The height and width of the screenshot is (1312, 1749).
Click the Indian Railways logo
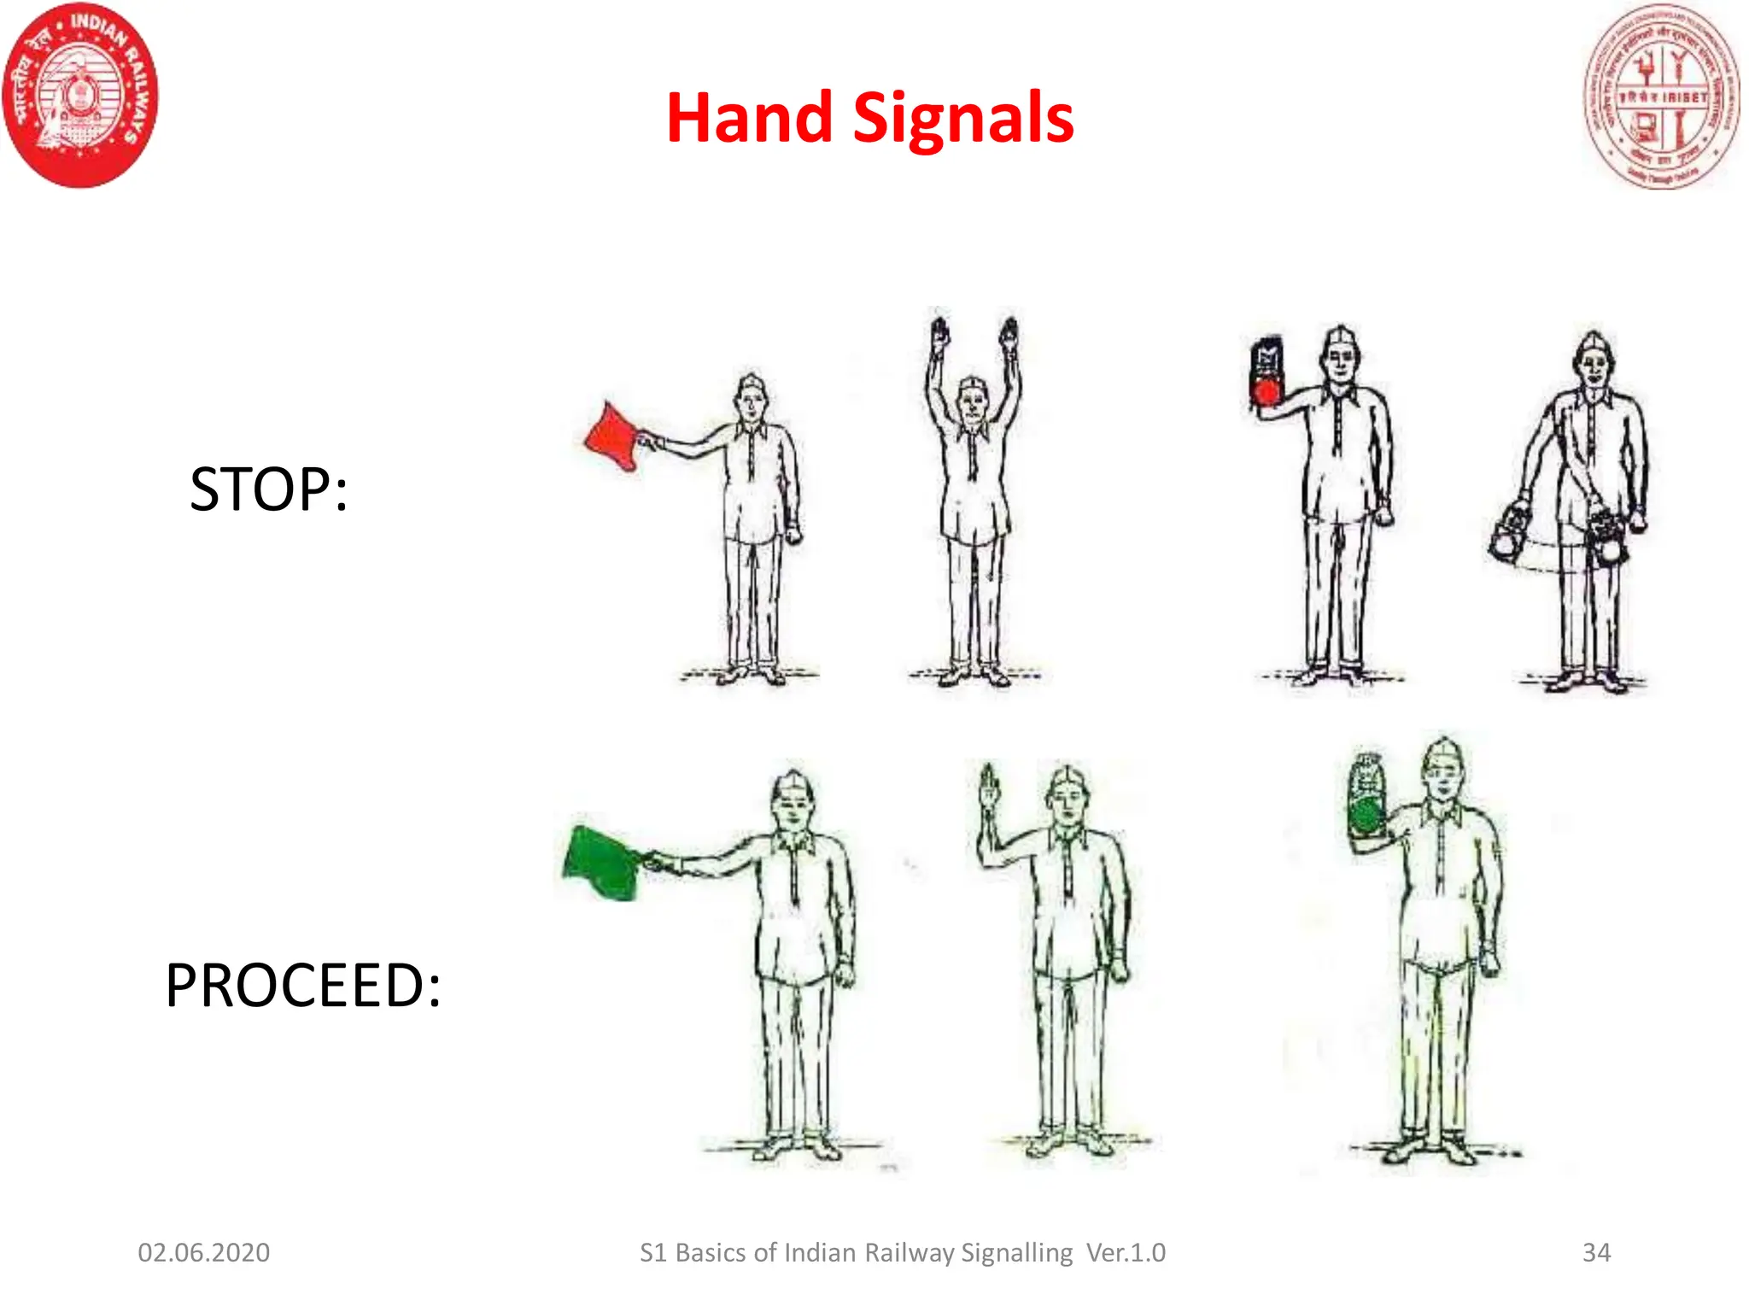(81, 95)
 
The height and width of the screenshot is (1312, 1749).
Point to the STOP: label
(268, 489)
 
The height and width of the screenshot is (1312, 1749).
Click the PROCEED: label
(303, 985)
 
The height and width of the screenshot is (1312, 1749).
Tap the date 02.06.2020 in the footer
(204, 1252)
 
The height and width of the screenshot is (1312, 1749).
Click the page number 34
(1596, 1252)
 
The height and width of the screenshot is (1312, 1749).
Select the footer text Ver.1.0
(1126, 1252)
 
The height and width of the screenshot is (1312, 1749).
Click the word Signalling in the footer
(1016, 1252)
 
